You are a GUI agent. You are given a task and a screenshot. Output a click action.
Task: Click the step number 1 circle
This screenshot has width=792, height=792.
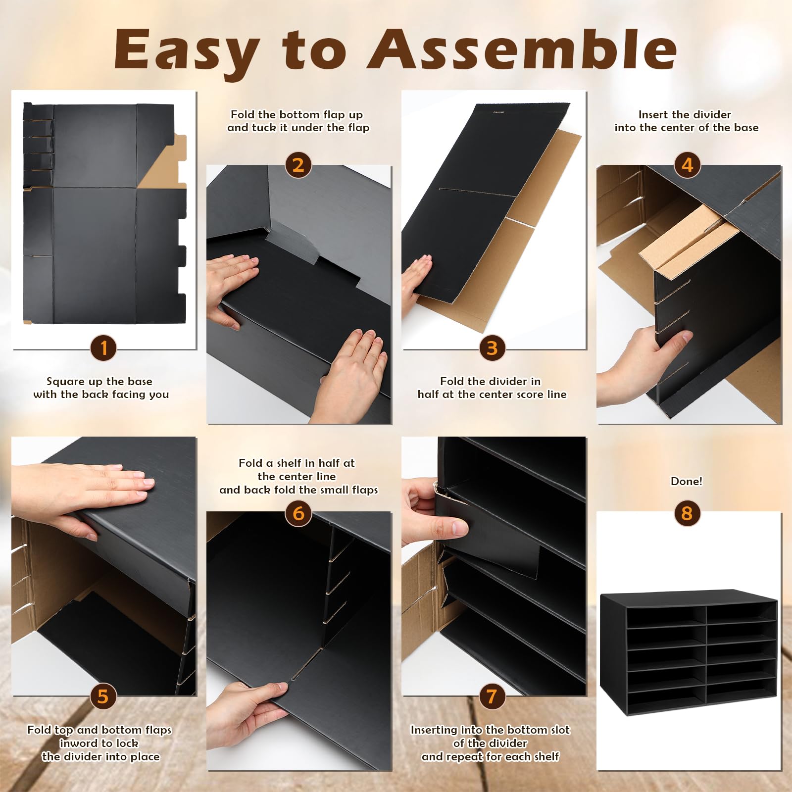[103, 348]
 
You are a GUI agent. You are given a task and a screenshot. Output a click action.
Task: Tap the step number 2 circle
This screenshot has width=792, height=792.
[298, 165]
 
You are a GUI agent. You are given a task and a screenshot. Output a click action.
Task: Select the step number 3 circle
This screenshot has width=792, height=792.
[492, 348]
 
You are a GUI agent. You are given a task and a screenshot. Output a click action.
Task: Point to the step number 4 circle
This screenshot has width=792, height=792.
[687, 165]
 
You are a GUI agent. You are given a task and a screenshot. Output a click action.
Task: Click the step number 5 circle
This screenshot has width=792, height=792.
[103, 696]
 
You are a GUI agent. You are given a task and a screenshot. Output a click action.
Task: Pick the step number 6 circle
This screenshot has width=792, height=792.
[298, 513]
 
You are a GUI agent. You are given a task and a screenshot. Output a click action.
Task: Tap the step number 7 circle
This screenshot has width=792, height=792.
[492, 696]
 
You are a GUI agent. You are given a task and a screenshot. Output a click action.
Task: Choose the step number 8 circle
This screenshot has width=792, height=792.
[687, 513]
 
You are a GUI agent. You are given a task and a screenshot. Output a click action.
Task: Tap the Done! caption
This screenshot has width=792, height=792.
[686, 481]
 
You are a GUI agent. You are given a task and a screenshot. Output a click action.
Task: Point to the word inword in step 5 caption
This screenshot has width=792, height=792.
[78, 743]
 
